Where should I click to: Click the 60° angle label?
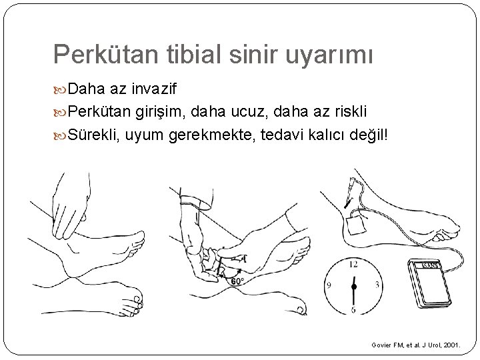[236, 281]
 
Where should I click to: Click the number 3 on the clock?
[377, 286]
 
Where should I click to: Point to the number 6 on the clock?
[354, 309]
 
